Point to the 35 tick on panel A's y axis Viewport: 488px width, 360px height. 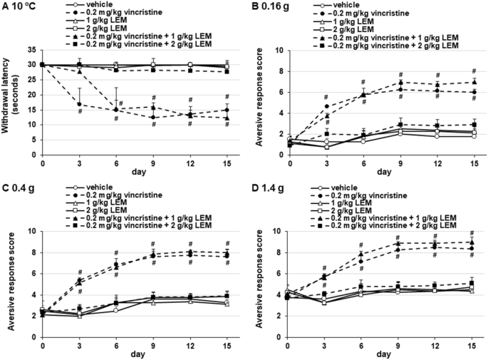[33, 50]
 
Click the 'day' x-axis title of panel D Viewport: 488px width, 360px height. [383, 354]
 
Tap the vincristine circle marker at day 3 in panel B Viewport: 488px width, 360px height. [326, 106]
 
